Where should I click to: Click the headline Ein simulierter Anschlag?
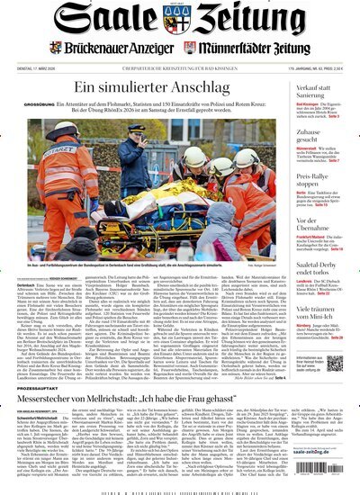pos(148,87)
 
